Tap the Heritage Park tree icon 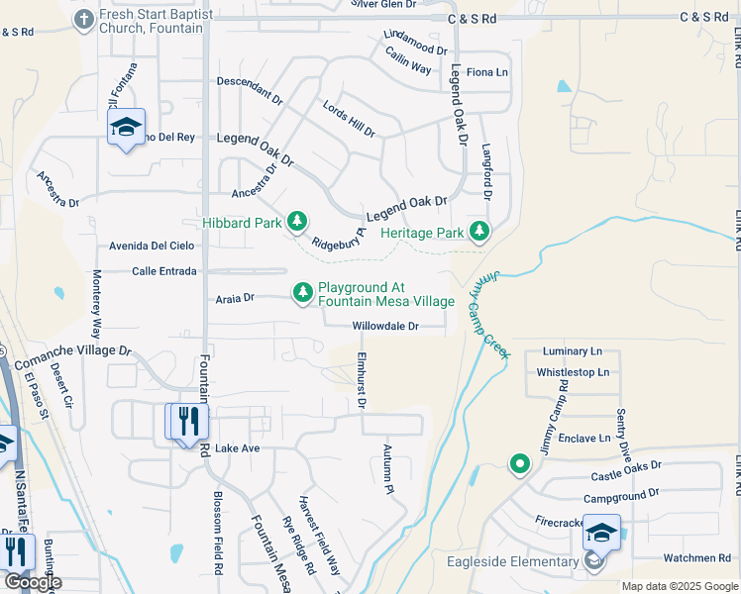click(x=479, y=232)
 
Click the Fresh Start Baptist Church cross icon click(x=83, y=19)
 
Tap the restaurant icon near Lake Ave click(x=185, y=421)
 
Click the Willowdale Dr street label click(x=385, y=326)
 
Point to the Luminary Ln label click(x=573, y=351)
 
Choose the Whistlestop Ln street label click(x=573, y=373)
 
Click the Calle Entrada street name click(x=164, y=270)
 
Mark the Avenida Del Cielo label click(x=152, y=246)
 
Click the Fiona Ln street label click(x=486, y=72)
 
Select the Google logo click(x=33, y=582)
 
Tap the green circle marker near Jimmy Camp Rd click(x=518, y=462)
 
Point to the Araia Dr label click(x=235, y=297)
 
